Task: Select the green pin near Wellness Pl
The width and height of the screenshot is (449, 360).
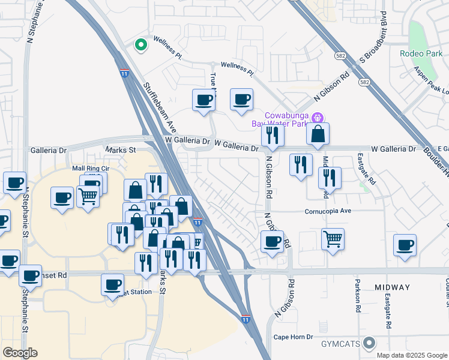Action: pos(140,44)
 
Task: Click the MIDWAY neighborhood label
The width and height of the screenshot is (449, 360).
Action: pos(393,287)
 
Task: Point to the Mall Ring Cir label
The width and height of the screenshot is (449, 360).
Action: pos(90,169)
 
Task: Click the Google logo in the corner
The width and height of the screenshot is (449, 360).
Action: pos(20,353)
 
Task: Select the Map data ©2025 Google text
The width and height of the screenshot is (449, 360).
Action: pos(411,355)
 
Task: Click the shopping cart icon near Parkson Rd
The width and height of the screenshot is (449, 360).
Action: pos(333,239)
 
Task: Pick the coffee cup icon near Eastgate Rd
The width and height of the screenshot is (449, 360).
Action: pos(405,245)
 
